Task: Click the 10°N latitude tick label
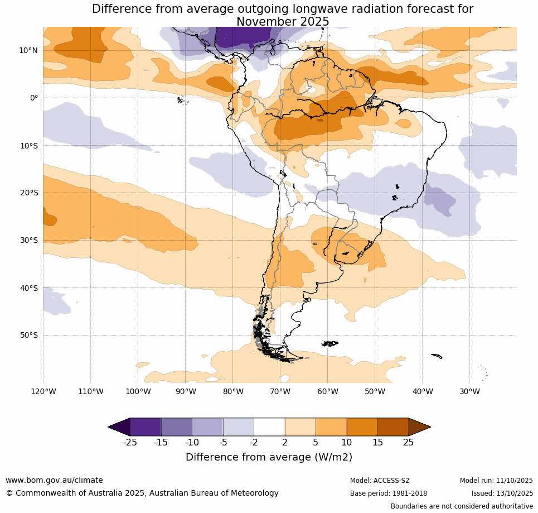(x=28, y=50)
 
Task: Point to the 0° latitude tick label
(x=33, y=98)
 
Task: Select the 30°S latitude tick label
(x=28, y=240)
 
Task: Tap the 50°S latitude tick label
(x=28, y=335)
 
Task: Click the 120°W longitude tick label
(x=43, y=391)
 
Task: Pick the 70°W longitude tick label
(x=280, y=391)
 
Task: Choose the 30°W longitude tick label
(x=470, y=391)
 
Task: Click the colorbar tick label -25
(x=130, y=443)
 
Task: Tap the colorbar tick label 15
(x=377, y=443)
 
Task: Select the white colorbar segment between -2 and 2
(x=269, y=427)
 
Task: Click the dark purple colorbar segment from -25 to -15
(x=146, y=427)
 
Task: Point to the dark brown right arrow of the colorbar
(x=419, y=427)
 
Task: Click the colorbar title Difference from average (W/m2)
(x=269, y=457)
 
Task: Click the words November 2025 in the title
(x=283, y=22)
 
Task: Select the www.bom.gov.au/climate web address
(x=54, y=480)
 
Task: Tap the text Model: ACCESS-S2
(x=380, y=481)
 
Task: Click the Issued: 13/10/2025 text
(x=502, y=493)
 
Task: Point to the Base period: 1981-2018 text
(x=389, y=493)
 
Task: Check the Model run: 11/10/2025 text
(x=496, y=481)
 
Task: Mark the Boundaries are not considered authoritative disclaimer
(x=462, y=506)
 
